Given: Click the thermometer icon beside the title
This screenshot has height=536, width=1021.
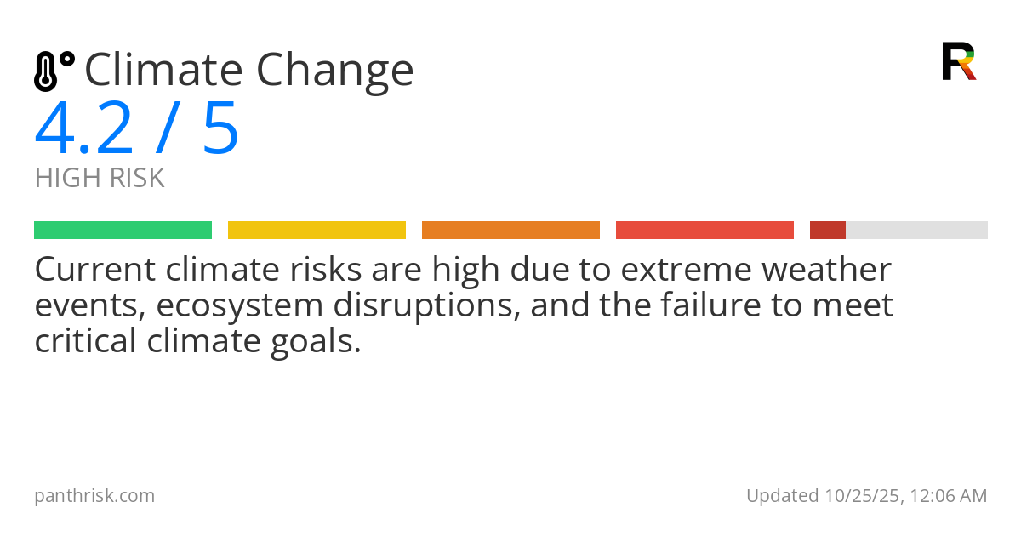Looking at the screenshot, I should [53, 71].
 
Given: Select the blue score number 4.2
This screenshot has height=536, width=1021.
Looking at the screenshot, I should [84, 128].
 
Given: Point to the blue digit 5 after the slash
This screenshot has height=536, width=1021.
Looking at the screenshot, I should [220, 128].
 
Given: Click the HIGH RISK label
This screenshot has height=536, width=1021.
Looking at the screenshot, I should [100, 179].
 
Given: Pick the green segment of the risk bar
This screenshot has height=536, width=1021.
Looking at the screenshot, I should [123, 231].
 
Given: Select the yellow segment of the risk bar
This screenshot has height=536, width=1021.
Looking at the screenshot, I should [317, 231].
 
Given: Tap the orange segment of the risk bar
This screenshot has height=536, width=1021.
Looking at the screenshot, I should [510, 231].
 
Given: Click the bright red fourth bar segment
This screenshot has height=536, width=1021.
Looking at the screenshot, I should [704, 231].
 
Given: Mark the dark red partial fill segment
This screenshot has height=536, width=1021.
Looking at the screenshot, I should [827, 231].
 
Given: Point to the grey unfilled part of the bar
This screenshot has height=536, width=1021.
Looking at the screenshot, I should [916, 231].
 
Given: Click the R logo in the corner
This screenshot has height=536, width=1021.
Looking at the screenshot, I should [958, 61].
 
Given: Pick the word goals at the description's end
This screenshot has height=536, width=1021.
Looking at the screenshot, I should [317, 342].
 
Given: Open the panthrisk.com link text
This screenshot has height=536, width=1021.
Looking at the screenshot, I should [94, 496].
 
